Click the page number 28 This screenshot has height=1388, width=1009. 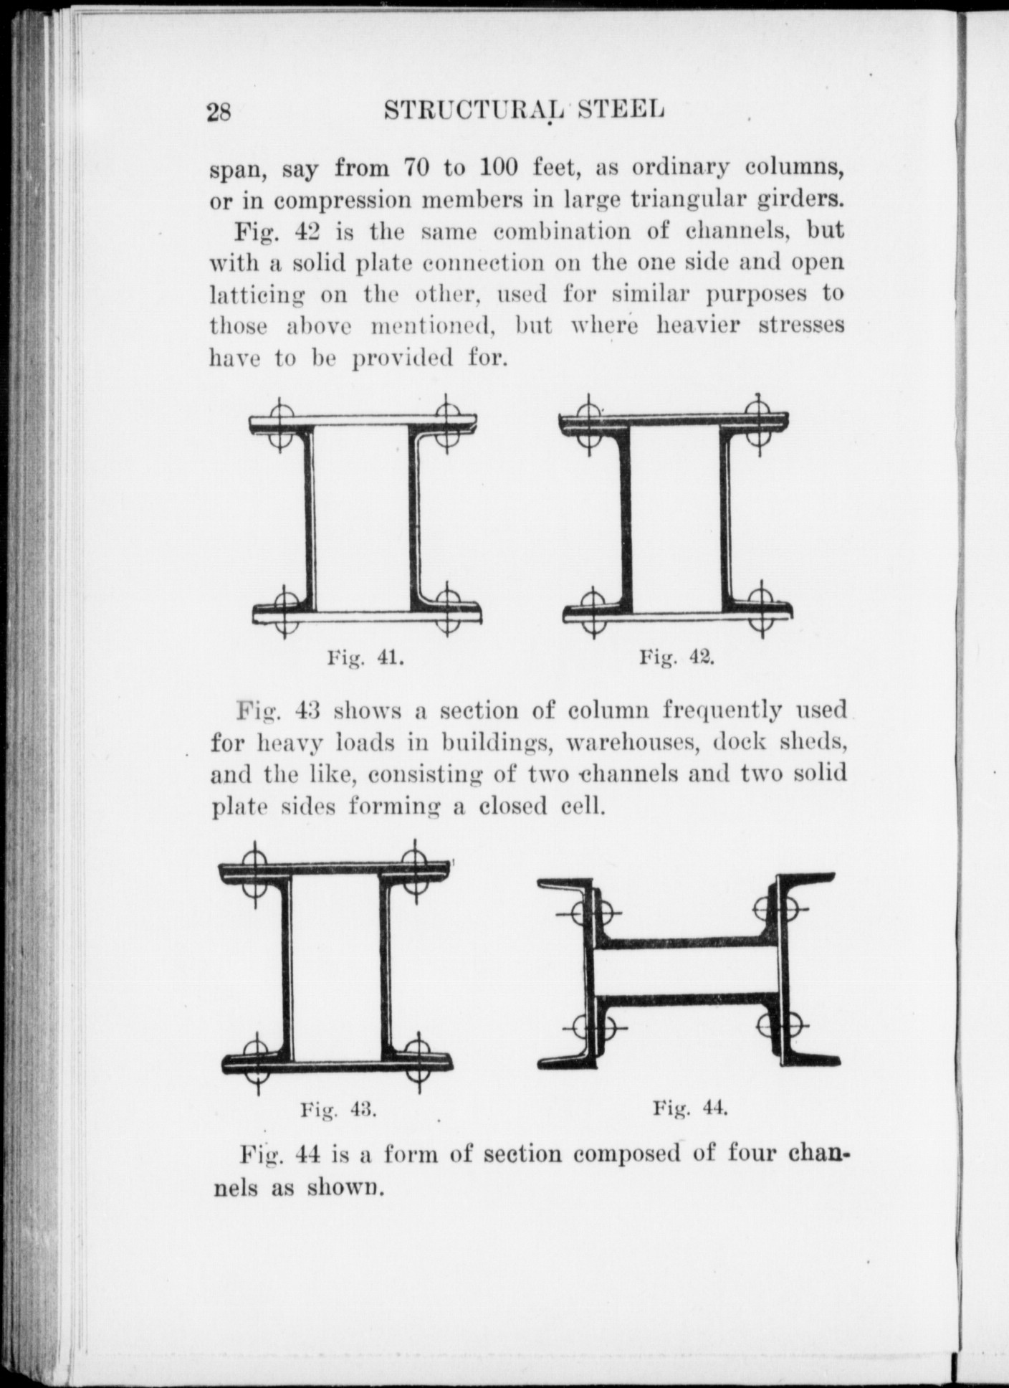219,112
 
